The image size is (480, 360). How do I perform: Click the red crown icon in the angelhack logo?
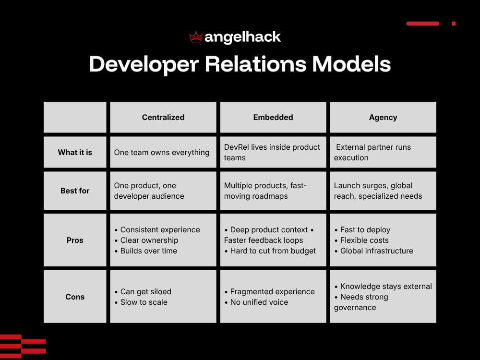point(196,37)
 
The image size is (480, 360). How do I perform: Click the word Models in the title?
point(351,64)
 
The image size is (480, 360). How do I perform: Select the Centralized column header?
point(163,117)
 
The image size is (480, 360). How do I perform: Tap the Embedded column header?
point(273,117)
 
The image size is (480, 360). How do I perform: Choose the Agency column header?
point(383,117)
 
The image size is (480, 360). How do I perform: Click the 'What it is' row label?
point(75,152)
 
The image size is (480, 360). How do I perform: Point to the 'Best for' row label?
point(75,191)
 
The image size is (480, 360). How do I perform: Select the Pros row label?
point(75,240)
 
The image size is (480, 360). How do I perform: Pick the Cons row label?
point(75,297)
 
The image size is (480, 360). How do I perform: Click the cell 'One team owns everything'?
point(162,153)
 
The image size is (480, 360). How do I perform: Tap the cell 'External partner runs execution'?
point(373,152)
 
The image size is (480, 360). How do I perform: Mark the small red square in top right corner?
point(454,24)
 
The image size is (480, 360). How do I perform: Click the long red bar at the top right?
point(422,24)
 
